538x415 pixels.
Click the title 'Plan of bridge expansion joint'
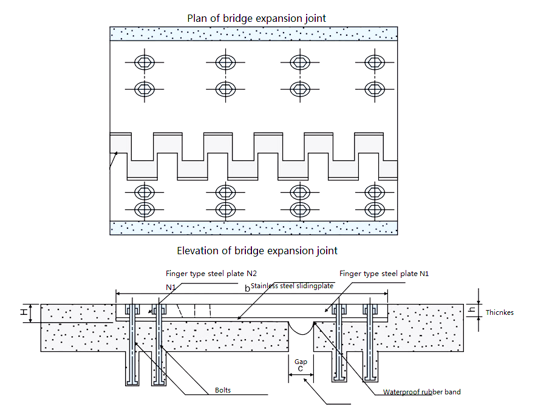tap(256, 18)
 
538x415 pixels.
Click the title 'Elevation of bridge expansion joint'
tap(257, 250)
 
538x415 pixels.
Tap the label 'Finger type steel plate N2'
tap(203, 274)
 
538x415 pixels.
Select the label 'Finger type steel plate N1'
tap(384, 274)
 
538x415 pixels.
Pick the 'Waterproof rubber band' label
tap(421, 392)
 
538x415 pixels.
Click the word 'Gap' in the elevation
tap(301, 362)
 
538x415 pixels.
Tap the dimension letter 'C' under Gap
tap(301, 369)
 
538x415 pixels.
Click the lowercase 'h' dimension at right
tap(472, 310)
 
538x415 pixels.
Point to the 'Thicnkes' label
tap(500, 312)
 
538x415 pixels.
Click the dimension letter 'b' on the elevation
tap(247, 288)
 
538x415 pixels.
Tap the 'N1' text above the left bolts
tap(171, 286)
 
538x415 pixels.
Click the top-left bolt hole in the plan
tap(145, 62)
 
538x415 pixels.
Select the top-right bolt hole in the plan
tap(374, 62)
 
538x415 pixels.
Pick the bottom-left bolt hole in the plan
tap(145, 209)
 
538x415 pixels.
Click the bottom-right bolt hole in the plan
tap(374, 209)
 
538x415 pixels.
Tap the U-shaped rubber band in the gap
tap(301, 328)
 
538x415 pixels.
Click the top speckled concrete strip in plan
tap(253, 34)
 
